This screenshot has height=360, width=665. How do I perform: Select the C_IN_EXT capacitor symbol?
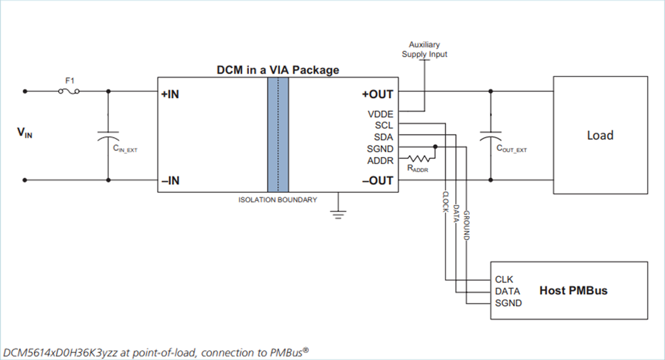coord(108,136)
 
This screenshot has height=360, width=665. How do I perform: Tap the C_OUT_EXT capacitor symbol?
coord(490,136)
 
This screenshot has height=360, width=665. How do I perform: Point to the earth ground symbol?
coord(337,214)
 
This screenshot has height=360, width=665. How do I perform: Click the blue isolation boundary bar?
coord(278,135)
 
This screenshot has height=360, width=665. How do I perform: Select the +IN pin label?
coord(170,94)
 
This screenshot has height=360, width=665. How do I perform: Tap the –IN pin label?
coord(170,181)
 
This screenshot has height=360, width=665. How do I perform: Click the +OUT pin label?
coord(378,94)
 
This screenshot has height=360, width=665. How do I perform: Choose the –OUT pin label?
coord(378,181)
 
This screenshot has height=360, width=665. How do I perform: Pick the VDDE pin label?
coord(380,114)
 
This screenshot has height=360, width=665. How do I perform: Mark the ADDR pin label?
coord(380,161)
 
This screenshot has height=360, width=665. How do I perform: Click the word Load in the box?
coord(600,135)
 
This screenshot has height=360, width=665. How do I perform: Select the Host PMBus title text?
coord(574,290)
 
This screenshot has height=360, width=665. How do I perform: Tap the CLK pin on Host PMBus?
coord(504,280)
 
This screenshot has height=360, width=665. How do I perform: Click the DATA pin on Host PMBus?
coord(507,291)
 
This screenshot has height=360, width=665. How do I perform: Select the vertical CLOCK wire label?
coord(445,205)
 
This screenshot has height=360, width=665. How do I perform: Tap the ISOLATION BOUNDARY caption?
coord(278,199)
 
